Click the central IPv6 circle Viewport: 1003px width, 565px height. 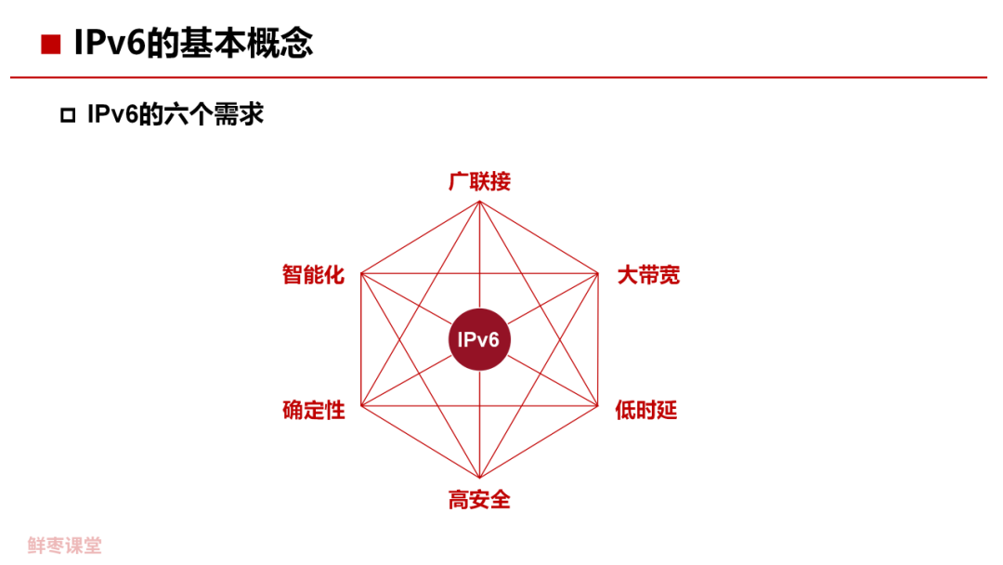(x=479, y=340)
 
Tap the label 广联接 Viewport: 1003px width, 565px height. (x=479, y=181)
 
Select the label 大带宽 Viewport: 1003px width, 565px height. (x=648, y=275)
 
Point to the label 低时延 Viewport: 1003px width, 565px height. (x=646, y=410)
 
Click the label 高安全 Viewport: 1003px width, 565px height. (x=479, y=500)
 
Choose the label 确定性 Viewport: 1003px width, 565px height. (x=314, y=410)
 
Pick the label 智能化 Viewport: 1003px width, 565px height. (x=313, y=275)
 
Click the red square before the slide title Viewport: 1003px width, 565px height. (x=50, y=45)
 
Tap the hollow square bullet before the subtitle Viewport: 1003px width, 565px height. (x=67, y=116)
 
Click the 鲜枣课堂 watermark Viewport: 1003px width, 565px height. (x=64, y=545)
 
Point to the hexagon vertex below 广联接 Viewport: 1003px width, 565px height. (x=479, y=204)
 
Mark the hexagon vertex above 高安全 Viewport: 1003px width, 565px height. (x=479, y=477)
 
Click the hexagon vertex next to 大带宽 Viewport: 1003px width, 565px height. (x=598, y=273)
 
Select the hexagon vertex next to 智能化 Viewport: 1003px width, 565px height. (x=360, y=273)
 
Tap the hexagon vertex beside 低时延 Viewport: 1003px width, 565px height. (x=598, y=406)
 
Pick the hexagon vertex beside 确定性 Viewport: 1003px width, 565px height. (x=360, y=406)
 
